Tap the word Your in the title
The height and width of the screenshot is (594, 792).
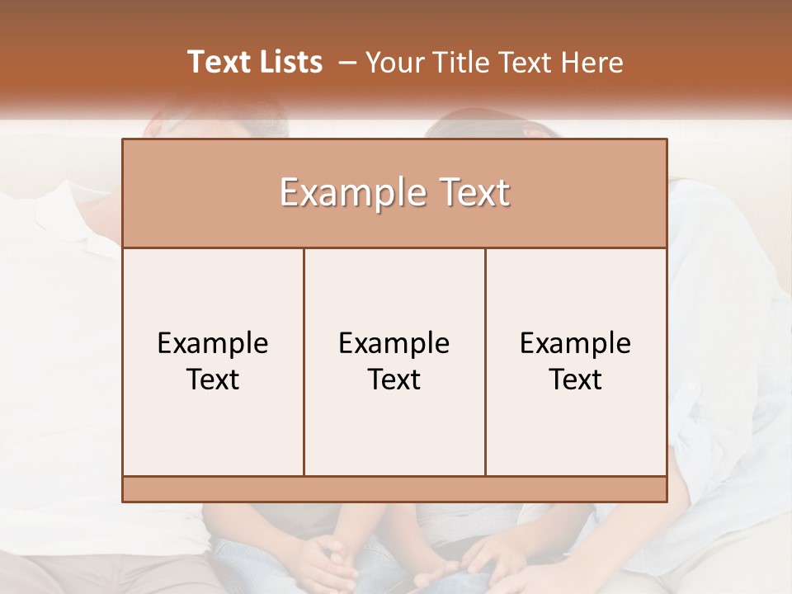(x=392, y=63)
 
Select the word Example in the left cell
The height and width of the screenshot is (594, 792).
(x=213, y=343)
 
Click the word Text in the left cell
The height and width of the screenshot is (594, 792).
(x=213, y=379)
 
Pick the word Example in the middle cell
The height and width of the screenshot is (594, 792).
(x=394, y=343)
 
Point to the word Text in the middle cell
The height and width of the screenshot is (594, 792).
(x=394, y=379)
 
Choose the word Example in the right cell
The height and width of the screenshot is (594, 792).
(x=576, y=343)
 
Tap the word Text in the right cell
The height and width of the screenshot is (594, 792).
(x=576, y=379)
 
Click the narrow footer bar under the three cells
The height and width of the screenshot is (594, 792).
(x=394, y=489)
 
